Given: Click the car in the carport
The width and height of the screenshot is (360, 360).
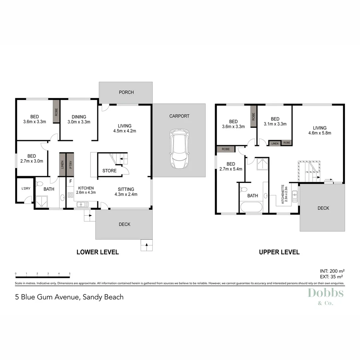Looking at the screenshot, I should (x=179, y=149).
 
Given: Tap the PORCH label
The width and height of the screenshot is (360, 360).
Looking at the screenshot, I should (x=126, y=92).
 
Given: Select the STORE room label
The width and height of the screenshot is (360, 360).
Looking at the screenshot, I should (x=109, y=171).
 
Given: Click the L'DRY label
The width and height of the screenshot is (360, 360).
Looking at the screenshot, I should (x=26, y=189).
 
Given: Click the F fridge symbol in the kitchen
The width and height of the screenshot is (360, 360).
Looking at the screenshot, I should (x=70, y=182).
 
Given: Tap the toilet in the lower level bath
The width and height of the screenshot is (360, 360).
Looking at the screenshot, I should (x=40, y=184).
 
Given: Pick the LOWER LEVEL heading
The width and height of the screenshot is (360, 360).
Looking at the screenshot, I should (x=98, y=252).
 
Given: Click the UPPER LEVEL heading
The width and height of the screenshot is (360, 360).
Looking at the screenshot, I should (x=279, y=252).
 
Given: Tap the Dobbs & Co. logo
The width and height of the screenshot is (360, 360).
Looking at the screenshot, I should (x=325, y=296).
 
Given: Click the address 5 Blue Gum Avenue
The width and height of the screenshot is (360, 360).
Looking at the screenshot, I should (x=69, y=297).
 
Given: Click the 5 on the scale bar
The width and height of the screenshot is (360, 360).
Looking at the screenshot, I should (x=69, y=273).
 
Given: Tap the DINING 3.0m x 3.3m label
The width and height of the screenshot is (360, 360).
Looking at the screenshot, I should (x=79, y=119).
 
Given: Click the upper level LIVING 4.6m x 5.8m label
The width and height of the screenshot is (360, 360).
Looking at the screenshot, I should (x=319, y=130).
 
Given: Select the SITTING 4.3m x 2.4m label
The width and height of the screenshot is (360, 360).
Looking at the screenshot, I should (x=126, y=191).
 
